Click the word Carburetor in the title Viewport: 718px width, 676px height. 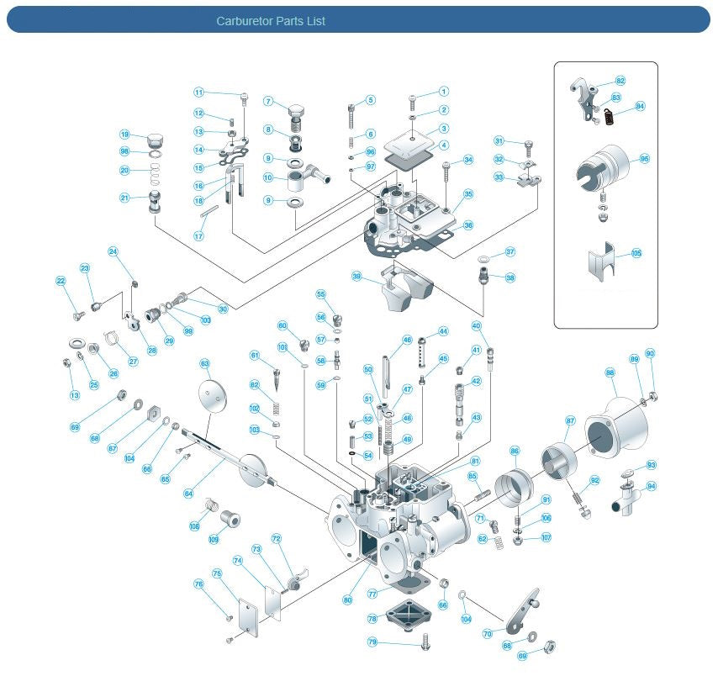coord(244,21)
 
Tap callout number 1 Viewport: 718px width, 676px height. coord(443,92)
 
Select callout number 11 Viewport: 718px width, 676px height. coord(198,92)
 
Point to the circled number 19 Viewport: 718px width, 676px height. coord(124,135)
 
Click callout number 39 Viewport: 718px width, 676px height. coord(356,276)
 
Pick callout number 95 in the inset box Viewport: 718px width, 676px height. coord(645,158)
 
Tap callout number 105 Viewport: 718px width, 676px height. coord(636,253)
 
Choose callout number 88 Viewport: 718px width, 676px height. coord(610,372)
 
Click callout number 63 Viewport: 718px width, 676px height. coord(204,363)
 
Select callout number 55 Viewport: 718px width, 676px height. coord(320,294)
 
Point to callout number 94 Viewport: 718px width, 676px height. coord(652,486)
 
